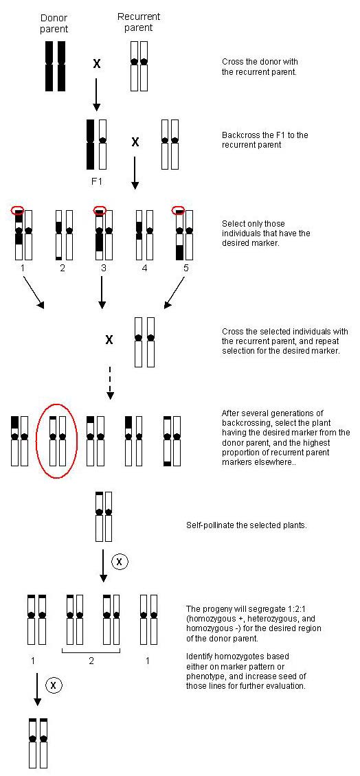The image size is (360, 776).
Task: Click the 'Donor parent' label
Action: pyautogui.click(x=54, y=23)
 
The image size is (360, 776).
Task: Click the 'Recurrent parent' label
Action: pyautogui.click(x=139, y=22)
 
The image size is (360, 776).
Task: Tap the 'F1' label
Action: pyautogui.click(x=97, y=181)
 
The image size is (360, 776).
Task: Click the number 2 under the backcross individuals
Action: pyautogui.click(x=63, y=269)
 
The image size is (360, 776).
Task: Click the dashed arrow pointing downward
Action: pyautogui.click(x=111, y=383)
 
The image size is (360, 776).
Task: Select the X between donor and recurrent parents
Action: pyautogui.click(x=97, y=63)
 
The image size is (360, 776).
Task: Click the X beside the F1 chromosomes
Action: pyautogui.click(x=135, y=142)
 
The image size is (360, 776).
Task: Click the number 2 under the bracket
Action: pyautogui.click(x=91, y=661)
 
